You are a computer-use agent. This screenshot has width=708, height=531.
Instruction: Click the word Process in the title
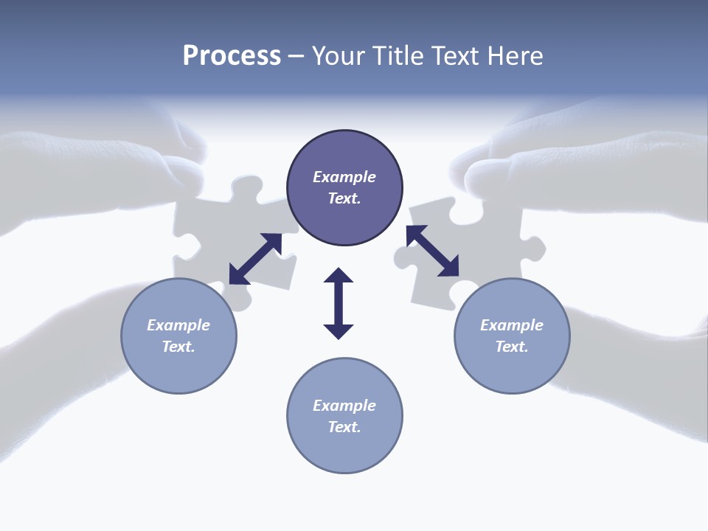(x=232, y=56)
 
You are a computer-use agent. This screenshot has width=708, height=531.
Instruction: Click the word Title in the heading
(x=398, y=56)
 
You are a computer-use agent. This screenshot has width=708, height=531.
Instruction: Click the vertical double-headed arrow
(x=339, y=303)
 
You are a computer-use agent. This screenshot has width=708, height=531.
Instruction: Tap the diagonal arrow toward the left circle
(x=255, y=259)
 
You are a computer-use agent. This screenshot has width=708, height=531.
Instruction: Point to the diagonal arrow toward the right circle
(x=433, y=251)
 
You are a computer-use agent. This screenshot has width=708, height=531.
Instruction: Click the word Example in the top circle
(x=344, y=177)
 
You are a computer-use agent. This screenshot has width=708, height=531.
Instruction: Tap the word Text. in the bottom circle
(x=344, y=427)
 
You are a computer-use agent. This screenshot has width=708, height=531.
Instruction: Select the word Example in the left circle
(x=178, y=325)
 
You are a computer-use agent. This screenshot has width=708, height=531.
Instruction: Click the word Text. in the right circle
(x=512, y=347)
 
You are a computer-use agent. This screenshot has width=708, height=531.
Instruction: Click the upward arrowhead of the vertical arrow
(x=339, y=276)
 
